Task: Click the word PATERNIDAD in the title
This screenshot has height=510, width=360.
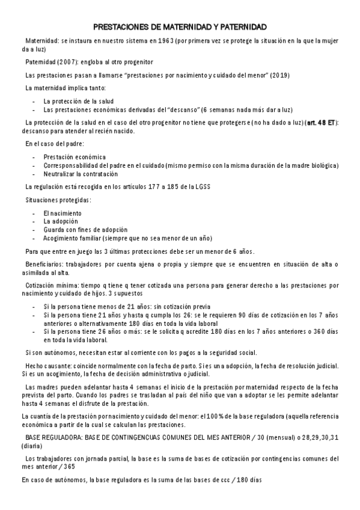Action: click(239, 28)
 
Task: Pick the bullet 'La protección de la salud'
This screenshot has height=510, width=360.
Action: click(79, 101)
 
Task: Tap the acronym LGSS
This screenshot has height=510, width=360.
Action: click(201, 186)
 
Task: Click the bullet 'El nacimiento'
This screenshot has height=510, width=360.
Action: click(63, 214)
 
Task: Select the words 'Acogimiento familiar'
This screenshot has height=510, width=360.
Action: click(73, 238)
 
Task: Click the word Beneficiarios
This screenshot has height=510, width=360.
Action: click(43, 265)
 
